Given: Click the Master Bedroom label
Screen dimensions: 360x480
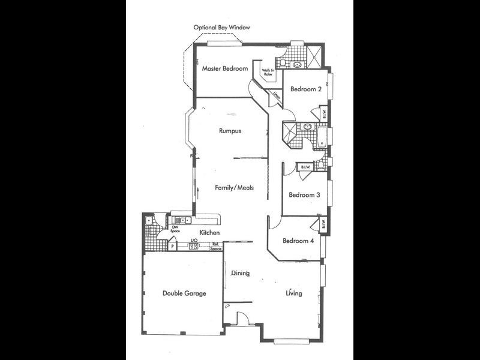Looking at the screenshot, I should [x=224, y=68].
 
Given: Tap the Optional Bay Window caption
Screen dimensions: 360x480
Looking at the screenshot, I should [x=221, y=28].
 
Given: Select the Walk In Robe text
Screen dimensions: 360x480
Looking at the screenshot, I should [x=268, y=72].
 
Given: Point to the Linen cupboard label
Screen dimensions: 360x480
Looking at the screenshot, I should [x=276, y=95].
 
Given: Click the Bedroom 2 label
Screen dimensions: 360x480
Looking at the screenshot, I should [x=306, y=89].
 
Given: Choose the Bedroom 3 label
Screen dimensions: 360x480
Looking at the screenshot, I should [x=305, y=195].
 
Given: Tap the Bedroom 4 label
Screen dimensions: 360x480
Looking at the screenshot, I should [x=298, y=241].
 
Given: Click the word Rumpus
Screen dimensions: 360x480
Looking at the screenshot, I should [x=230, y=131].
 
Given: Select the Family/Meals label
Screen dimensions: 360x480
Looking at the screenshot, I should [x=234, y=188].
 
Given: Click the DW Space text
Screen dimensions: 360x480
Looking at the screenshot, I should [x=176, y=229].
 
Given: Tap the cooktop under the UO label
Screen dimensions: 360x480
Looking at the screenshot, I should [x=194, y=246].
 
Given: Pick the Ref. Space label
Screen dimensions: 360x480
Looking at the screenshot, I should [x=217, y=246].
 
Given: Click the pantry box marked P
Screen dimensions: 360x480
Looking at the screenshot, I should [x=173, y=246].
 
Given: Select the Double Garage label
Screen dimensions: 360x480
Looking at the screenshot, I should [x=184, y=293].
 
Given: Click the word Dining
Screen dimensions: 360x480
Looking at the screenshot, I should [x=240, y=274].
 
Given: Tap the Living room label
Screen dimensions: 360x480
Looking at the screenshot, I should [x=293, y=293].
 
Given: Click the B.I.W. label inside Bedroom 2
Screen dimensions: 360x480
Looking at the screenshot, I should [x=322, y=113].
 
